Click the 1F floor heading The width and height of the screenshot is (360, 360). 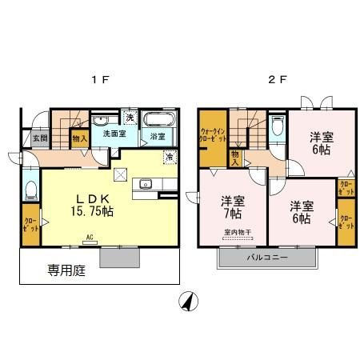[x=96, y=80]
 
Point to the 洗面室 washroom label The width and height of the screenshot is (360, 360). [x=113, y=134]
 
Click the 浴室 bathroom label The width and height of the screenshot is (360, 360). [x=157, y=137]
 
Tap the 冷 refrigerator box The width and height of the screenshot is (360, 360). [x=169, y=158]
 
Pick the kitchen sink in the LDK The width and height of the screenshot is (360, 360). [x=146, y=184]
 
